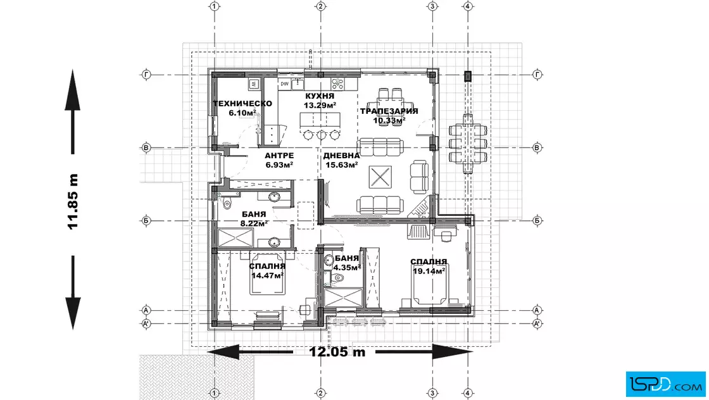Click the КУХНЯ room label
320,96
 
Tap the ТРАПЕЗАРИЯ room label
389,111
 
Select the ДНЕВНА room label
341,156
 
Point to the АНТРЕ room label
279,156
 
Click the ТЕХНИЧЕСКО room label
242,104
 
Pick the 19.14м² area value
429,271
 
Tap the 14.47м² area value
268,275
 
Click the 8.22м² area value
254,223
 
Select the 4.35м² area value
348,267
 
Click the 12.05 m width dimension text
337,352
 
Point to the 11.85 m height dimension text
73,201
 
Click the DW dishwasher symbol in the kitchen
284,84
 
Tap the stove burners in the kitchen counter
338,84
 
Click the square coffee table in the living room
380,177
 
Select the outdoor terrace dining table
468,144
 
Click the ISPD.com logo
665,384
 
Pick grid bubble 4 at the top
468,6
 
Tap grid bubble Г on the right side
537,75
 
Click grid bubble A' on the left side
146,323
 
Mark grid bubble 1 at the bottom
215,393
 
